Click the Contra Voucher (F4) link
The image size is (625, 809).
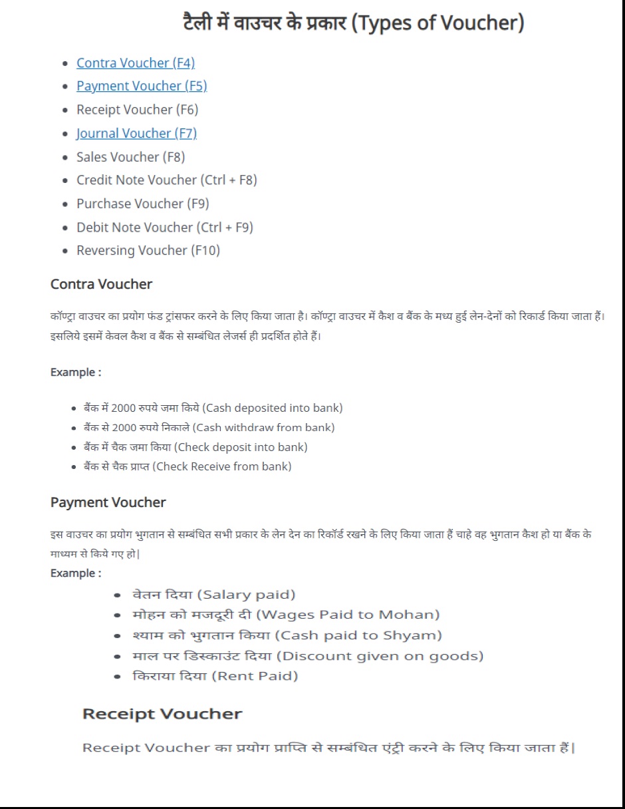coord(135,63)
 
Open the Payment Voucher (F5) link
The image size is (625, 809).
coord(142,86)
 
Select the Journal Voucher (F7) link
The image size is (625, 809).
coord(136,134)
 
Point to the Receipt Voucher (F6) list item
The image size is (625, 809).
coord(137,110)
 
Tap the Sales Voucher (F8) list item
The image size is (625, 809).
coord(130,157)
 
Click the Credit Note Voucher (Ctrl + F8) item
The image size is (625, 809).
coord(166,180)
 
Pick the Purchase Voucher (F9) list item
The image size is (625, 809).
coord(142,204)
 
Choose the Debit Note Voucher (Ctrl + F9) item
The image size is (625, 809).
coord(164,228)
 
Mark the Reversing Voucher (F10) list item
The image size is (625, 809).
coord(148,251)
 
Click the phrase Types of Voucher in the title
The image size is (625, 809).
coord(437,24)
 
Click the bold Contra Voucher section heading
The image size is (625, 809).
coord(101,285)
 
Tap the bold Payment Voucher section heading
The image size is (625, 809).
coord(108,502)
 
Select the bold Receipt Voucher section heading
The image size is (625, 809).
coord(162,715)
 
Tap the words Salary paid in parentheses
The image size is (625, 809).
coord(247,595)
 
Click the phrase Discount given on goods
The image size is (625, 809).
coord(380,656)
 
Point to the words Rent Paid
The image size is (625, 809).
coord(255,677)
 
